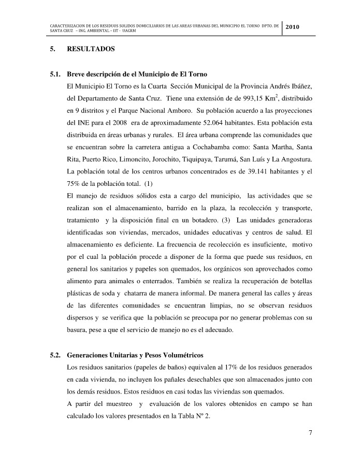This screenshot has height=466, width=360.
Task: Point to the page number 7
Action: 309,432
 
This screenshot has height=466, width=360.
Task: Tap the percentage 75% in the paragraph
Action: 76,183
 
